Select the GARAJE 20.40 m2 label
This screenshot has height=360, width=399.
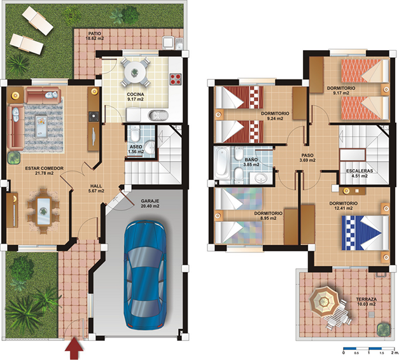151,203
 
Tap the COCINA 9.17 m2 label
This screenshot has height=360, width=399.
136,97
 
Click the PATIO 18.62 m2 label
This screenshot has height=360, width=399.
95,36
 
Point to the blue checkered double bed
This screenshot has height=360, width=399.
363,233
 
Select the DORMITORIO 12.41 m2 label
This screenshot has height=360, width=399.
343,206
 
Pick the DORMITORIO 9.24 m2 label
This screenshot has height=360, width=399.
275,116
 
